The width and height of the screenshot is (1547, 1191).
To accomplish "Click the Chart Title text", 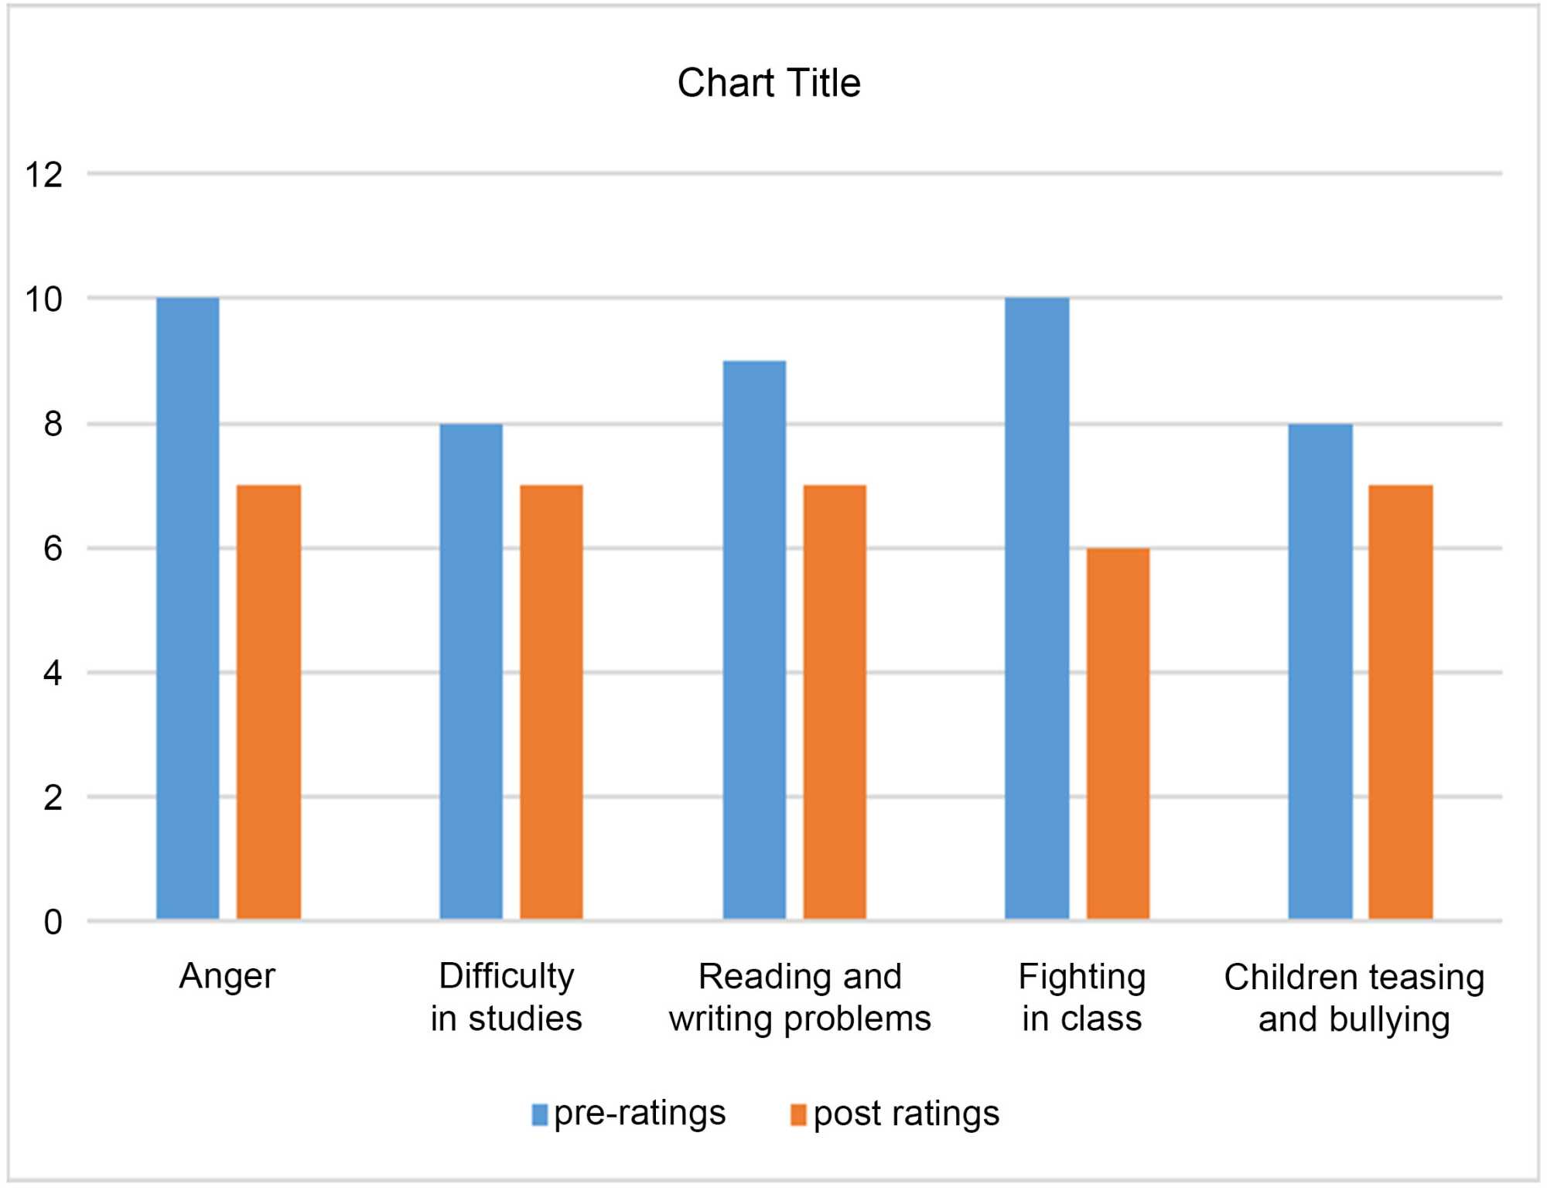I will click(x=769, y=83).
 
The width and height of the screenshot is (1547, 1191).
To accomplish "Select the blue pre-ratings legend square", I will click(x=540, y=1114).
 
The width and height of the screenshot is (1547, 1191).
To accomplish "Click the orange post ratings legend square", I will click(x=798, y=1114).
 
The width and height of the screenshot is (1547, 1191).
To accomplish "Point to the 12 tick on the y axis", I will click(x=43, y=175).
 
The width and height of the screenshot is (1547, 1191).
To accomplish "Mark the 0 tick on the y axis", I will click(x=53, y=922).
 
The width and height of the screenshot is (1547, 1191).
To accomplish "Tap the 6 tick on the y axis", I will click(x=53, y=549).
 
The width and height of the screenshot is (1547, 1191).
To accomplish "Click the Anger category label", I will click(x=227, y=977).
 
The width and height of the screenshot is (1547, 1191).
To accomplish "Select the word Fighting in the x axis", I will click(x=1081, y=977).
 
